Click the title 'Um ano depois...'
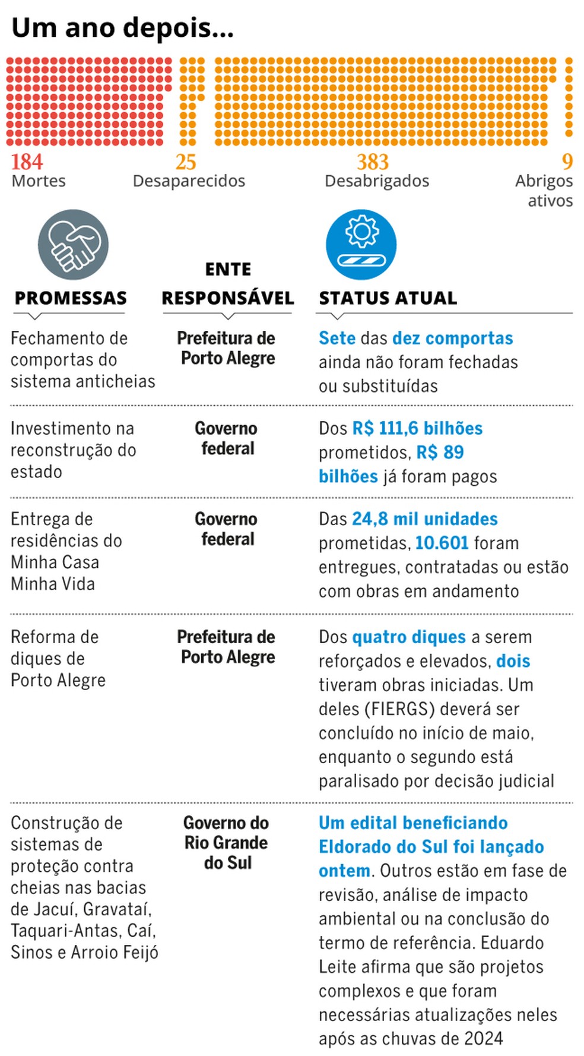[122, 28]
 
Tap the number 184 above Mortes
[27, 162]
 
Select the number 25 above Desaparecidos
[186, 162]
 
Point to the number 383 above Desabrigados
[373, 162]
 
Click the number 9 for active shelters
[567, 162]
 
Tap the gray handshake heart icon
[73, 244]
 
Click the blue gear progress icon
[361, 244]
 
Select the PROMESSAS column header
[71, 298]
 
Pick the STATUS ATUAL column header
[388, 298]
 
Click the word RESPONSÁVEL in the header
[228, 298]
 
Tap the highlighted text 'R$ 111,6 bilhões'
[417, 428]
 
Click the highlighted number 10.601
[442, 543]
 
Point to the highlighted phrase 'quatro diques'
[409, 637]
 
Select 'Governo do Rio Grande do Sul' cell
[226, 843]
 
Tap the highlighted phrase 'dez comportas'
[453, 338]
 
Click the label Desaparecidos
[189, 181]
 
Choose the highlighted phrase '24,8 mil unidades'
[425, 518]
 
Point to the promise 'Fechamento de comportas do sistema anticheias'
[82, 359]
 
